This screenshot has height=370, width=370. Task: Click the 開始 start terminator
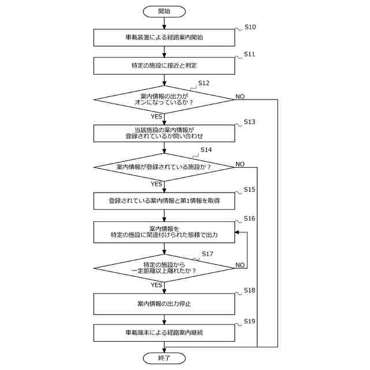164,11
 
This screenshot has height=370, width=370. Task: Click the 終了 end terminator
164,358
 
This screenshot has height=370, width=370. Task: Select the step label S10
250,27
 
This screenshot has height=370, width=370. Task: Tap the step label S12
203,83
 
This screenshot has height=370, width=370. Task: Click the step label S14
206,150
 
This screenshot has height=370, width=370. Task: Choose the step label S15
250,190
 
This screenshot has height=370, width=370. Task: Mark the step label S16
250,218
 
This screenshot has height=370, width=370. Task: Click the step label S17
207,254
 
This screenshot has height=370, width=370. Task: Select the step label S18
250,290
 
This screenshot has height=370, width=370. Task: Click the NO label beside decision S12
240,96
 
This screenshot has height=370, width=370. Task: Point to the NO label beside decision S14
240,164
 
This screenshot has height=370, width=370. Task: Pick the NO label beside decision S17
240,265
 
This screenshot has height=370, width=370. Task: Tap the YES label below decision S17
156,285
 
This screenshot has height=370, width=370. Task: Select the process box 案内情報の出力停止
164,303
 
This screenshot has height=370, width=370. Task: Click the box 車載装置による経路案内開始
164,37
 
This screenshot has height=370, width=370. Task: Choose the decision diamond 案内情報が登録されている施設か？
164,167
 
